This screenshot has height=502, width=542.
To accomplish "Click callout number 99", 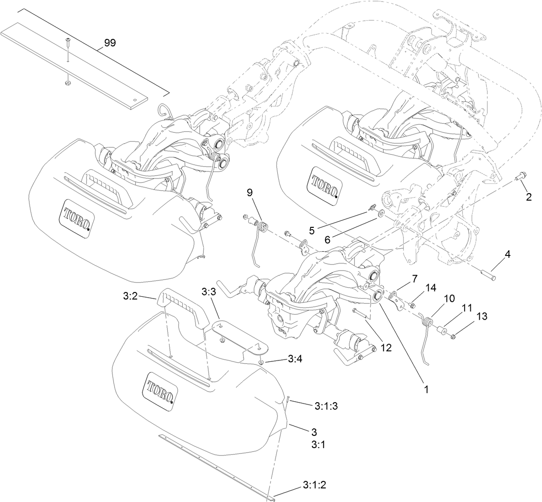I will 110,43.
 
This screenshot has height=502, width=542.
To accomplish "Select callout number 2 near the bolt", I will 528,197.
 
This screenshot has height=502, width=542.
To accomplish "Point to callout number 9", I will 250,192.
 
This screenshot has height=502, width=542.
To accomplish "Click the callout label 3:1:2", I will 314,485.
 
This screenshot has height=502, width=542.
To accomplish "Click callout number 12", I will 386,347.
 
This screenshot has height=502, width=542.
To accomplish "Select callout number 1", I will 427,389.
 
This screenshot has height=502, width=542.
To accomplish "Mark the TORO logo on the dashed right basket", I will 323,187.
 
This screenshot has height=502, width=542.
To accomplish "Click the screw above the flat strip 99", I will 67,43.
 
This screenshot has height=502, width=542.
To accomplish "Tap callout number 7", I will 414,278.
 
